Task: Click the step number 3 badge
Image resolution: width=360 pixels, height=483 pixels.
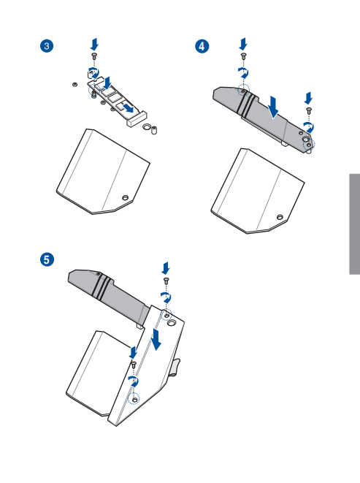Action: [x=47, y=46]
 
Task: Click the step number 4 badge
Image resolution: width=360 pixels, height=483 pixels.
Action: [x=202, y=46]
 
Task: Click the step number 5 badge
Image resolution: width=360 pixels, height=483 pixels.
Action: [x=47, y=259]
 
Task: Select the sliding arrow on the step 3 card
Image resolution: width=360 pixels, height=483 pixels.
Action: [x=128, y=107]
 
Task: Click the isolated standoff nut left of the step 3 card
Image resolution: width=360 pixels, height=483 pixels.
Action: [x=75, y=85]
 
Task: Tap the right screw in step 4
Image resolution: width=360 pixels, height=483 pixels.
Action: [x=309, y=110]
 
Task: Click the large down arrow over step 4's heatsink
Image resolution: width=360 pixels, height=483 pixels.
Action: [x=273, y=107]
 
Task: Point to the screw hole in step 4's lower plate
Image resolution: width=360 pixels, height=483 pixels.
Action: [x=280, y=217]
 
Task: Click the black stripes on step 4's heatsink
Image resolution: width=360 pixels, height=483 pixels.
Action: [x=249, y=104]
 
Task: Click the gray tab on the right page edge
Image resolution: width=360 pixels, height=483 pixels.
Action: [x=354, y=224]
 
